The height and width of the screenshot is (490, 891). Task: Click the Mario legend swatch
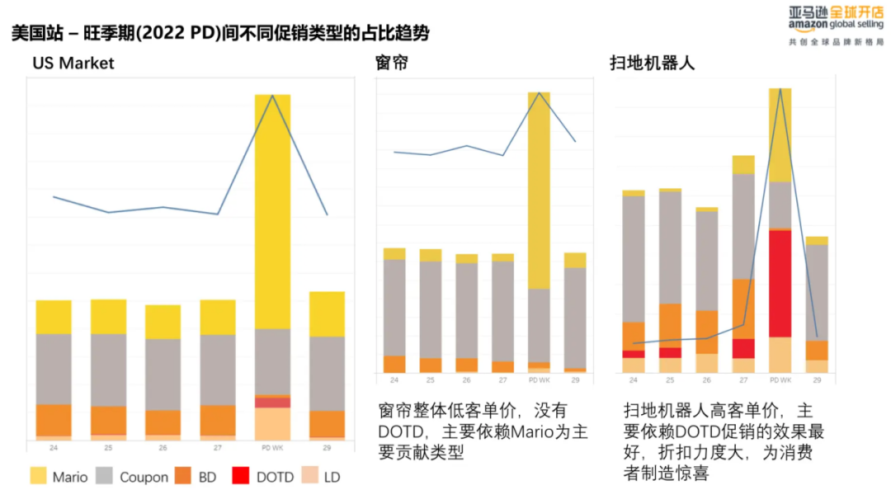38,476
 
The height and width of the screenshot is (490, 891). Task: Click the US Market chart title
73,64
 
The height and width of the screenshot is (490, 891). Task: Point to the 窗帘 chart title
391,64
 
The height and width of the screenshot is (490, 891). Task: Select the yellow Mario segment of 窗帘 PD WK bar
539,190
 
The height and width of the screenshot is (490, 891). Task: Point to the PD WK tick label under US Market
272,448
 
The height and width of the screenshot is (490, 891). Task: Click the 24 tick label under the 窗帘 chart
394,379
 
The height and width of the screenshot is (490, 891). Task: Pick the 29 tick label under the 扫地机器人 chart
817,380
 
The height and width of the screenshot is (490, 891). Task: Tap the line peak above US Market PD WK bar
272,96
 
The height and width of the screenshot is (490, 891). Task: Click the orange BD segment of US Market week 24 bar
54,420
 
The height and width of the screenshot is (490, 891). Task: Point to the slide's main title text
219,34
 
